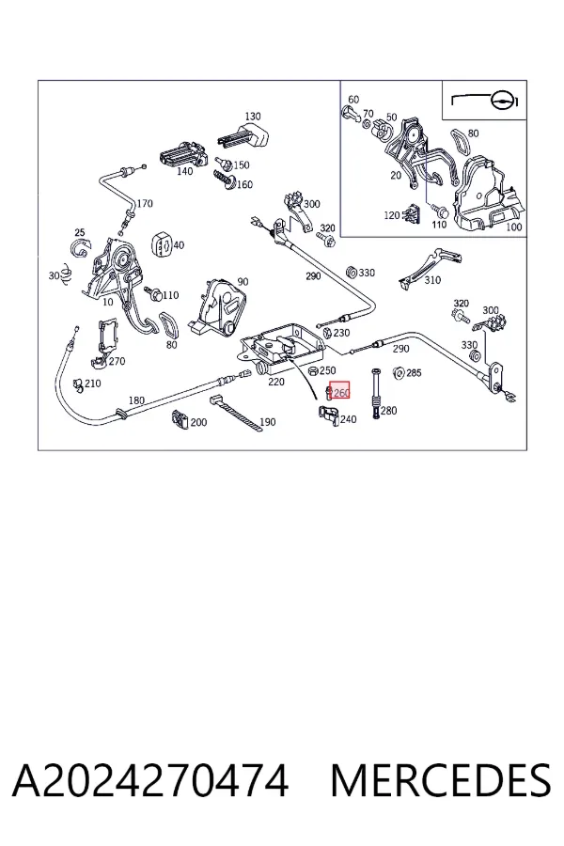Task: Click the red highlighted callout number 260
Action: [341, 392]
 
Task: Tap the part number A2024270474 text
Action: [150, 781]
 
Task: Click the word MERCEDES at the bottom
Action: [441, 781]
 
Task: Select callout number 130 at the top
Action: [253, 116]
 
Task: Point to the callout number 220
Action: [275, 382]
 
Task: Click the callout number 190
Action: [268, 422]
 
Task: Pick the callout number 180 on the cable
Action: [136, 400]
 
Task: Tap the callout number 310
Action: [432, 280]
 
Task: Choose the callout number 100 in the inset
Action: [513, 227]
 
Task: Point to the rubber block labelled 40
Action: [163, 244]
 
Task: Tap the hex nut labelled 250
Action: [313, 370]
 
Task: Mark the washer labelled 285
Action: [399, 371]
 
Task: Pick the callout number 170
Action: [145, 203]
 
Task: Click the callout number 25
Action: [80, 232]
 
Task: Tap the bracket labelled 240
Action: [329, 416]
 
